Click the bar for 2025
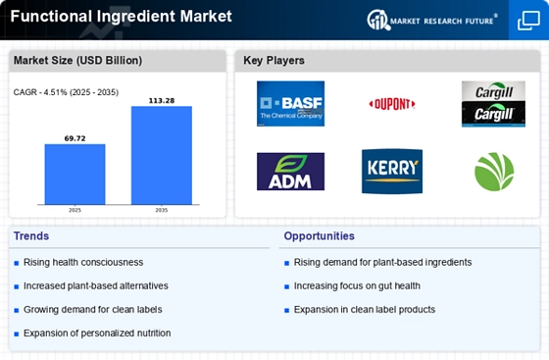[x=75, y=174]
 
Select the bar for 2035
[x=162, y=155]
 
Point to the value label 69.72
[x=75, y=138]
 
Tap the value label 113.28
[x=162, y=100]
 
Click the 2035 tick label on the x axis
[x=162, y=210]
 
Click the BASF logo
[x=290, y=104]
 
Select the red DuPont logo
[x=392, y=104]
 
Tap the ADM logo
[x=290, y=172]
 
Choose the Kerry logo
[x=392, y=172]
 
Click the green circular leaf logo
[x=494, y=172]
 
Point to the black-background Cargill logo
[x=493, y=114]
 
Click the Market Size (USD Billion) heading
[x=77, y=60]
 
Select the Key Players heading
[x=274, y=60]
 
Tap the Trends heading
[x=31, y=236]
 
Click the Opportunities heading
[x=319, y=236]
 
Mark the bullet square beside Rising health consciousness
[x=16, y=263]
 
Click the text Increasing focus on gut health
[x=357, y=286]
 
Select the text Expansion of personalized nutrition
[x=97, y=334]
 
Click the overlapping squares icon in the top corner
[x=528, y=21]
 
